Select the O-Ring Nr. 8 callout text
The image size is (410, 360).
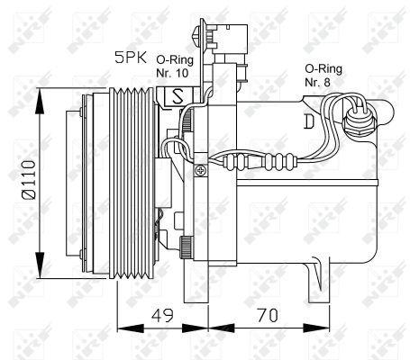tap(323, 74)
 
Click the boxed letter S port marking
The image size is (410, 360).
tap(177, 94)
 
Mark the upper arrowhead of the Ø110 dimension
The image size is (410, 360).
tap(40, 93)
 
